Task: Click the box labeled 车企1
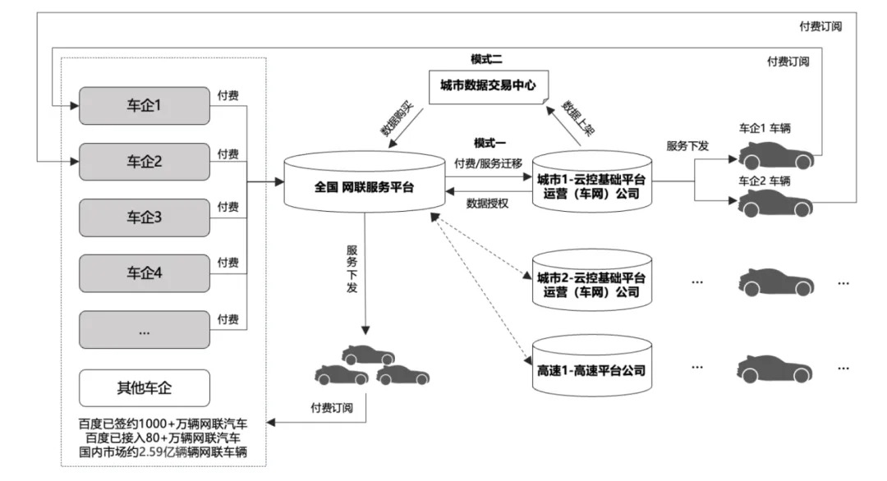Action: (x=144, y=106)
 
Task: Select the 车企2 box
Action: (x=144, y=162)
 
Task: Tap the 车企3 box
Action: (x=144, y=218)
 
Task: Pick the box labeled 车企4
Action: (x=144, y=273)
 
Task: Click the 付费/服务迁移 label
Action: (x=488, y=164)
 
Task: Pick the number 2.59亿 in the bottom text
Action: (x=166, y=451)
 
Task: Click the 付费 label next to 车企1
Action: (x=228, y=97)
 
